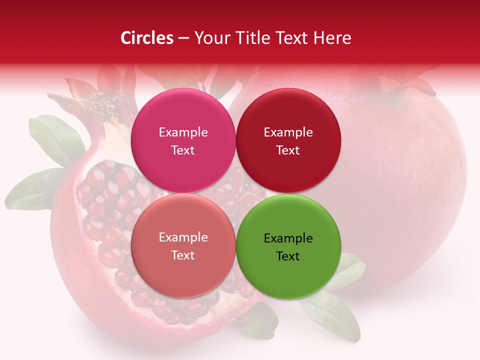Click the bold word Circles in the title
click(x=146, y=38)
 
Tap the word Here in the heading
click(x=332, y=38)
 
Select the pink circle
click(x=183, y=140)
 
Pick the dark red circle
click(x=288, y=140)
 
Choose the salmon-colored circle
click(x=183, y=245)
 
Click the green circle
click(x=288, y=246)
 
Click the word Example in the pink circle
click(x=183, y=132)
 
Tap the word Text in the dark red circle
click(x=288, y=150)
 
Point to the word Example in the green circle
click(x=288, y=238)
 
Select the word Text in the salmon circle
click(x=183, y=255)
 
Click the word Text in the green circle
click(x=288, y=256)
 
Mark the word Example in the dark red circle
click(x=288, y=132)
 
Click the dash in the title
click(x=183, y=38)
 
